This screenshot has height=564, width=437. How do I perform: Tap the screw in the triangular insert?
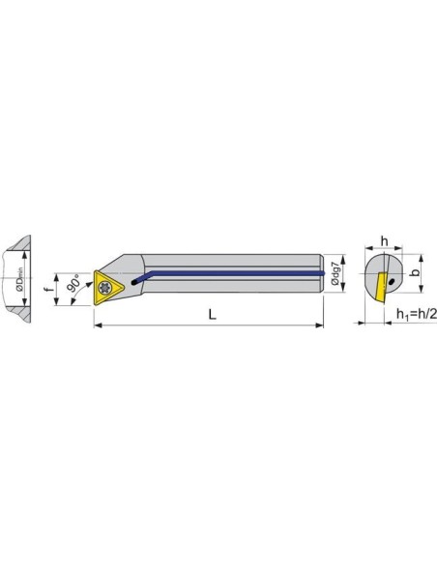coord(104,288)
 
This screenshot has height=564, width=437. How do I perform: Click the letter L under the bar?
coord(213,315)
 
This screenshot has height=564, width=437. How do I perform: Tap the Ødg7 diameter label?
coord(335,273)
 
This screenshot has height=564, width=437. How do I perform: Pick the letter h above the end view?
coord(385,241)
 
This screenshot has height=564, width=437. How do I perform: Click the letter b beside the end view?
coord(416,272)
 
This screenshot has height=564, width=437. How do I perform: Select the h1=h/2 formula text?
coord(417,314)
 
